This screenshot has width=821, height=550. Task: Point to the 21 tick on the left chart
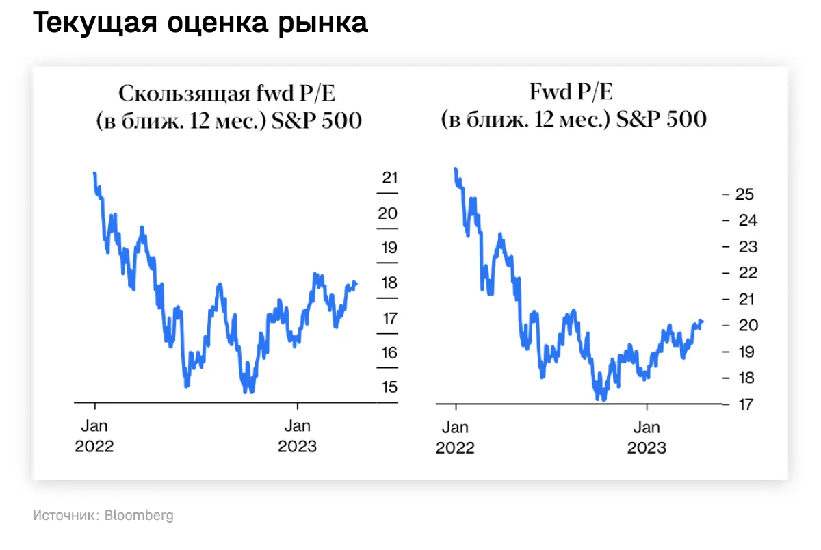click(x=389, y=178)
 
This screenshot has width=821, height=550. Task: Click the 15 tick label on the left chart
click(x=389, y=387)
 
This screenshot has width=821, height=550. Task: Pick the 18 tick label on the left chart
click(x=389, y=283)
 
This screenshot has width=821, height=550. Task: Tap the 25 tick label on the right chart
click(x=744, y=194)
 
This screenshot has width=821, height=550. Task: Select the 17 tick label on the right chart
click(x=744, y=404)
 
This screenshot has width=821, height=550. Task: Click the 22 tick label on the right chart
click(x=744, y=273)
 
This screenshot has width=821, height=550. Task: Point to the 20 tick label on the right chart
click(x=744, y=326)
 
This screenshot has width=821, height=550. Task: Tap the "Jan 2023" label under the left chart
click(x=297, y=436)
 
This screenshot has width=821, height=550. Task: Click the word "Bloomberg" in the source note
click(x=139, y=515)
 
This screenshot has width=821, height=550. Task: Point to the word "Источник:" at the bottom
click(x=66, y=515)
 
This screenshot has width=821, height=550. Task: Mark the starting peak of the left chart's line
click(x=94, y=174)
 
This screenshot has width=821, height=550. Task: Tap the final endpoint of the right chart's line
click(x=702, y=322)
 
